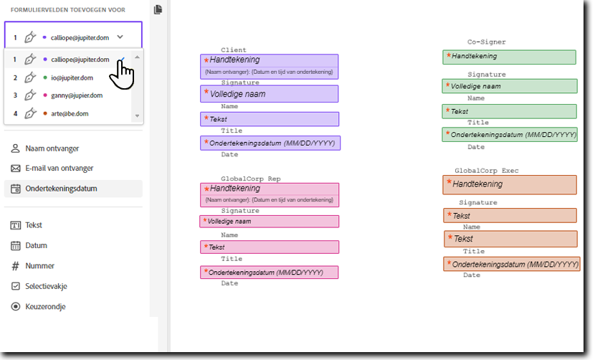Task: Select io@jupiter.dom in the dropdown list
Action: (x=72, y=77)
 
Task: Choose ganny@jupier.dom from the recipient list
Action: (x=76, y=95)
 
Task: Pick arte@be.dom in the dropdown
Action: (x=69, y=113)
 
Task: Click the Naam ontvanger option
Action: (x=52, y=148)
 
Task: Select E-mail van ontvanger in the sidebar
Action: (x=59, y=169)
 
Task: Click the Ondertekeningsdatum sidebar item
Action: (x=61, y=189)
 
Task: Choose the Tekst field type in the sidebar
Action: (x=34, y=225)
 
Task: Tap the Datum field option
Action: (x=36, y=245)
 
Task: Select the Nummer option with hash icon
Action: (x=39, y=265)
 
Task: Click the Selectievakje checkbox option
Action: (x=46, y=285)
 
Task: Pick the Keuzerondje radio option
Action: (x=45, y=306)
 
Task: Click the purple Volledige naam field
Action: (x=269, y=94)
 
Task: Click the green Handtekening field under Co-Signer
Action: (x=509, y=57)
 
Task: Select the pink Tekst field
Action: (x=269, y=247)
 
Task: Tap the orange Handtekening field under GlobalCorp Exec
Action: (x=510, y=184)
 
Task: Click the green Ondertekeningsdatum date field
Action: (x=509, y=134)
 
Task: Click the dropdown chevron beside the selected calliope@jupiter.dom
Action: (x=120, y=37)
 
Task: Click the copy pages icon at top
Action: (x=158, y=9)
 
